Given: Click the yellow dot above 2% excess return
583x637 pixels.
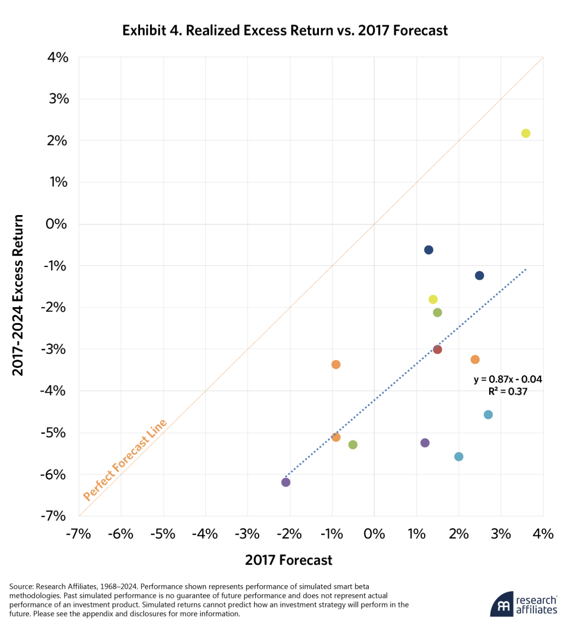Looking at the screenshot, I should [525, 133].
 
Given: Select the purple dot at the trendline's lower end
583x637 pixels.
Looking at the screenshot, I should [286, 482].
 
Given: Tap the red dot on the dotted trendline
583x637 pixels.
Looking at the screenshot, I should [437, 349].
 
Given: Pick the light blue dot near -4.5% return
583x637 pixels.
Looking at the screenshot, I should [488, 415].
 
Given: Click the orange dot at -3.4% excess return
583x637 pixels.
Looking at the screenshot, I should [336, 364].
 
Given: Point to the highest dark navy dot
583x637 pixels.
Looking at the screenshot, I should [428, 249].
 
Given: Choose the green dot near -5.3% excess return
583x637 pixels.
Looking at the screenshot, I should [352, 444].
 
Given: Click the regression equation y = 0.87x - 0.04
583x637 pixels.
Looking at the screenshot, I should [507, 379].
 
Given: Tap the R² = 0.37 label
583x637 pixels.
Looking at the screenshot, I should [507, 392].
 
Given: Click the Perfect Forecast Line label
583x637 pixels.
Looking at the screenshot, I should [124, 459].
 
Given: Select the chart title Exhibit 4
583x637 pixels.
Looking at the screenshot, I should [285, 30].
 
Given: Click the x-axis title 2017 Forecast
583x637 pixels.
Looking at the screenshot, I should [288, 560].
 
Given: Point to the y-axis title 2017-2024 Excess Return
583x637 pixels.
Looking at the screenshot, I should [18, 295].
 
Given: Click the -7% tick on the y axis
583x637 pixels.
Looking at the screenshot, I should [54, 516].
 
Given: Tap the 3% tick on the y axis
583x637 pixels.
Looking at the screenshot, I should [59, 99].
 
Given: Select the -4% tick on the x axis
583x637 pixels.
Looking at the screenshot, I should [205, 534].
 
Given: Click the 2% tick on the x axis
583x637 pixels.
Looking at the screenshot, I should [459, 534].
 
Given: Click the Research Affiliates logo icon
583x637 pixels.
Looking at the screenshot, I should [502, 605].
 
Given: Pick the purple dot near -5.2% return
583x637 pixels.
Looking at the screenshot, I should [425, 443].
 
